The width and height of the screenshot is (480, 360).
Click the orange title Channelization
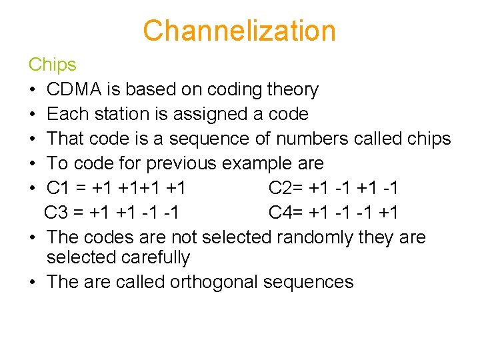coord(239,31)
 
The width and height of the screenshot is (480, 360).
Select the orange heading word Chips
coord(52,65)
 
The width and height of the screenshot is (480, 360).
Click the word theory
coord(292,89)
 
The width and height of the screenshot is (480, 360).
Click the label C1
coord(59,188)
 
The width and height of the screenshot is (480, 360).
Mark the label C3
coord(57,213)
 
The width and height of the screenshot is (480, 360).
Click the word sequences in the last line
coord(308,282)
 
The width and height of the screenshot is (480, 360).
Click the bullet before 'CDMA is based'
coord(33,90)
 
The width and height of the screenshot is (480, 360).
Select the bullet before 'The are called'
coord(33,283)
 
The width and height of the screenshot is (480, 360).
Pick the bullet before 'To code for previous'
coord(33,164)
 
